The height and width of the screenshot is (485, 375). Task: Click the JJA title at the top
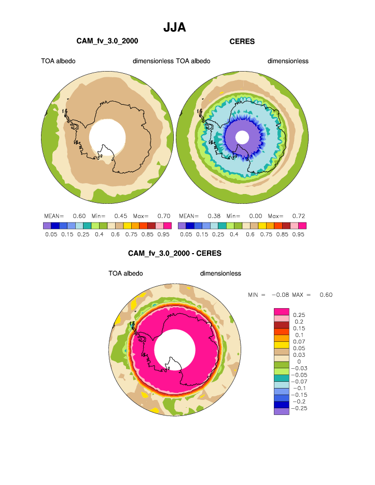pos(174,27)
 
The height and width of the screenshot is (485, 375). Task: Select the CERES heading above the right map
pos(242,41)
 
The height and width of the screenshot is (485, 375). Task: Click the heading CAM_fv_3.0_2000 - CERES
pos(174,254)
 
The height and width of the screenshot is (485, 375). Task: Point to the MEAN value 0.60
pos(79,216)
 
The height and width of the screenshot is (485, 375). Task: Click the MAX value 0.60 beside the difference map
pos(326,295)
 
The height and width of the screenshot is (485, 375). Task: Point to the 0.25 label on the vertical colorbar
pos(299,315)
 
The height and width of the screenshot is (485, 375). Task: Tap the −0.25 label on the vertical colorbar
pos(301,408)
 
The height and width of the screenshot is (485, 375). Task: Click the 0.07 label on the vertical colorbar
pos(299,341)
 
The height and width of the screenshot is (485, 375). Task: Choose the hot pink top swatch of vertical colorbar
pos(281,311)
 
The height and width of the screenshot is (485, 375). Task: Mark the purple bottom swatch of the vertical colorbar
pos(281,411)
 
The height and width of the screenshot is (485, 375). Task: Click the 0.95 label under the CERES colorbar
pos(298,234)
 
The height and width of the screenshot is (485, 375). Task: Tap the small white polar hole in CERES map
pos(242,137)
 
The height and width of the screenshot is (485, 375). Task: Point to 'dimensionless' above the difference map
pos(220,273)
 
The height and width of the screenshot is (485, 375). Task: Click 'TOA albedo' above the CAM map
pos(58,61)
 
